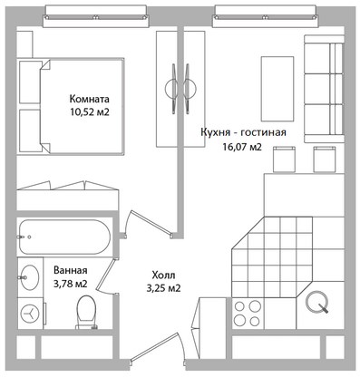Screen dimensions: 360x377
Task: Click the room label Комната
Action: point(89,99)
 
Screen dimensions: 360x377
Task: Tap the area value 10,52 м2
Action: point(89,112)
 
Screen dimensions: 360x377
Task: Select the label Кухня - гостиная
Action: point(243,132)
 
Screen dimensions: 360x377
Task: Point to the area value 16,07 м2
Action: point(242,147)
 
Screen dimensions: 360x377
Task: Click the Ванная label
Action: point(71,270)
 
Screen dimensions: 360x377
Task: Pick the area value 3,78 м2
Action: point(71,284)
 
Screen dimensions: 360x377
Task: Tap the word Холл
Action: point(163,275)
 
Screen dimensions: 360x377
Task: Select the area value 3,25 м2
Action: point(163,288)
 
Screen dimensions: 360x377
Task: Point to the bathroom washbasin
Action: point(30,277)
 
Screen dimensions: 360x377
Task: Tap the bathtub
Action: point(64,237)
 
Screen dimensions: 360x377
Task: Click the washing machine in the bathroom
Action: point(30,314)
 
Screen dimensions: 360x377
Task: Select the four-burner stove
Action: point(248,313)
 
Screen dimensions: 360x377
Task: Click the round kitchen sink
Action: point(316,302)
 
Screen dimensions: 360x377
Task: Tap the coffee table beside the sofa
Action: point(277,89)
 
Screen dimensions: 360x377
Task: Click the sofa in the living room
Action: point(324,89)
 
